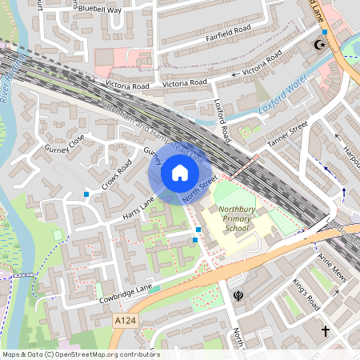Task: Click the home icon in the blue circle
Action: [179, 172]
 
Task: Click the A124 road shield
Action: [122, 319]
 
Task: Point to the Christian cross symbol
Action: [326, 330]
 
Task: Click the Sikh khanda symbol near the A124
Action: [238, 298]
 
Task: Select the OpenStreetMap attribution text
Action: [80, 354]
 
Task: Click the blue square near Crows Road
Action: [86, 194]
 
